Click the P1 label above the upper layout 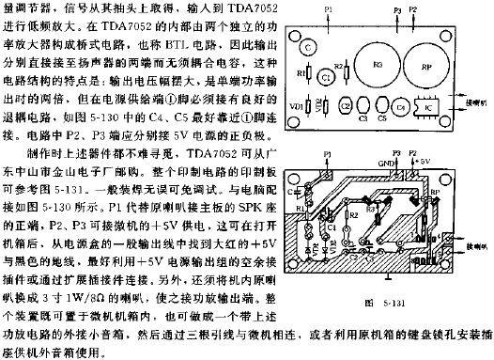click(327, 12)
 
